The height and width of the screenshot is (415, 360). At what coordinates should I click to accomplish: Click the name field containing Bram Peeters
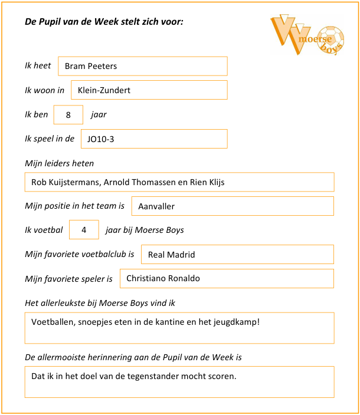[142, 66]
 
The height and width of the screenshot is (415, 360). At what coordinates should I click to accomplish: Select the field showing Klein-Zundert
[149, 90]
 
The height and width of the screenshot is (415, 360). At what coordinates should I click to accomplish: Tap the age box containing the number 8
[68, 115]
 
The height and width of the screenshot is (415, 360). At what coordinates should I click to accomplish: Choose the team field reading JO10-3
[153, 139]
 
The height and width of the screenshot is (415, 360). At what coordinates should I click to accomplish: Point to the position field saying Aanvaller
[232, 206]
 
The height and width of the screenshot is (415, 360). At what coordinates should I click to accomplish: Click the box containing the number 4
[84, 230]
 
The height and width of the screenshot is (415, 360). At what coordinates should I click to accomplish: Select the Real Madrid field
[236, 255]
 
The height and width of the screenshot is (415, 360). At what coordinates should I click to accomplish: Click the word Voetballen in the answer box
[53, 322]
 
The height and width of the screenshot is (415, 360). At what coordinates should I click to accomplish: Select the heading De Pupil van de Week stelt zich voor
[104, 22]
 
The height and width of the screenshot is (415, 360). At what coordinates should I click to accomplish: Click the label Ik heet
[38, 65]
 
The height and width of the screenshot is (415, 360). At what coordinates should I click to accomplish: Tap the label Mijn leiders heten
[59, 163]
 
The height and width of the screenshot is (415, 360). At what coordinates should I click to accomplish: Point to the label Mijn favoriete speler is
[68, 278]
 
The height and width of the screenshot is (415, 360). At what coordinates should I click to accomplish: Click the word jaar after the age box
[99, 114]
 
